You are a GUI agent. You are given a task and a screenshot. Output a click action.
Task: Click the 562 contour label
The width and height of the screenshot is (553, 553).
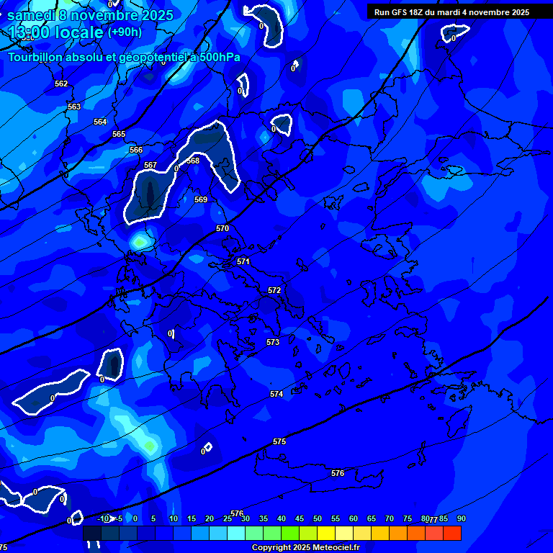(61, 84)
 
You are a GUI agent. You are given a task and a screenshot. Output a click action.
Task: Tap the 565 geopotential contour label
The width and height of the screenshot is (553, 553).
(119, 135)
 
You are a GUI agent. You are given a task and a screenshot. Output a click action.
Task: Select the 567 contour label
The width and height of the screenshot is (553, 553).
(150, 166)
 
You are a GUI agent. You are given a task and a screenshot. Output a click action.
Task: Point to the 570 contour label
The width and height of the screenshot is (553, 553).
(222, 229)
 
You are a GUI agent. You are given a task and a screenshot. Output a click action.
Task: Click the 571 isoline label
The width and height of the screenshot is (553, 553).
(243, 262)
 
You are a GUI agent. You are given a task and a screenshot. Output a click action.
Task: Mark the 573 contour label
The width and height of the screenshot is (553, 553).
(273, 343)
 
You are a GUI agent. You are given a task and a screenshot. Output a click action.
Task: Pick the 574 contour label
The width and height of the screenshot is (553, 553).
(276, 395)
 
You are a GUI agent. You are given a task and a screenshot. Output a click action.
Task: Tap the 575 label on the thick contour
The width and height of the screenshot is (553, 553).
(279, 441)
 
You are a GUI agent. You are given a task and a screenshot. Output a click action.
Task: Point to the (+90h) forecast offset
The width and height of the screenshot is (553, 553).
(125, 32)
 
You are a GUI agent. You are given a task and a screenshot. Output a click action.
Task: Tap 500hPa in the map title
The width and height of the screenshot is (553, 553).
(220, 58)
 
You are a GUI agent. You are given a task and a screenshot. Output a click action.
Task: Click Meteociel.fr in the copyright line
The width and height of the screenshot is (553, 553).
(331, 548)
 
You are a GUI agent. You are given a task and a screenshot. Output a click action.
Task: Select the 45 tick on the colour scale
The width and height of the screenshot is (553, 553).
(299, 519)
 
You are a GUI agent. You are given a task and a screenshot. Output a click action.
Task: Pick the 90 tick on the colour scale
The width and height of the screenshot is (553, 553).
(461, 519)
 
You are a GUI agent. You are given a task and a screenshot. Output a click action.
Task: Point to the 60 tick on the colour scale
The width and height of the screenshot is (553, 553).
(353, 519)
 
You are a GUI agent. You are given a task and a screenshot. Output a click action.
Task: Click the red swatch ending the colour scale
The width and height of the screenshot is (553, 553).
(451, 533)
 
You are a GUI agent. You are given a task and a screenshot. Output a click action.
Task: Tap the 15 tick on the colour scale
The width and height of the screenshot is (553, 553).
(191, 519)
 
